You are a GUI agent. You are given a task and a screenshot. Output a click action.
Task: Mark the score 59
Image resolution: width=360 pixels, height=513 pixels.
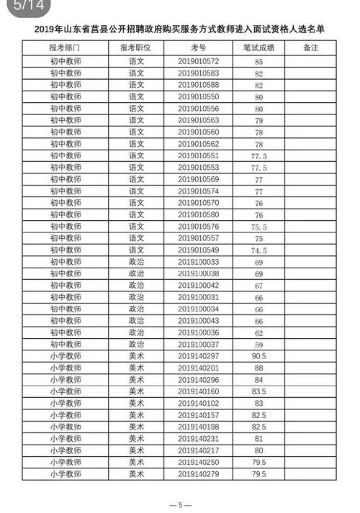(258, 345)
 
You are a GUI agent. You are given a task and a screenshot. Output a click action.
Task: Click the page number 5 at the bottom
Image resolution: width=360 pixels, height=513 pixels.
(180, 504)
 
